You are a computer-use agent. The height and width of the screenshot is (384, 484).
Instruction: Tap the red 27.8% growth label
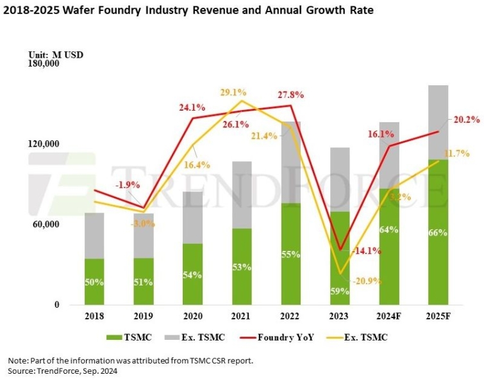coord(290,95)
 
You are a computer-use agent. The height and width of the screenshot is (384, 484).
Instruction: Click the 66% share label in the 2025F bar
coord(438,233)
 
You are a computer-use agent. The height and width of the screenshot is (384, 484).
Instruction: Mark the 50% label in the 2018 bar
coord(94,281)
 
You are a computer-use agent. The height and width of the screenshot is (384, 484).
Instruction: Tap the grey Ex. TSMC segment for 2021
coord(242,195)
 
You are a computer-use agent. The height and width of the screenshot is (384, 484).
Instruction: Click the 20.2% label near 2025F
coord(465,119)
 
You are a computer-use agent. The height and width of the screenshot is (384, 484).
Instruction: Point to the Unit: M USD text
coord(56,54)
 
